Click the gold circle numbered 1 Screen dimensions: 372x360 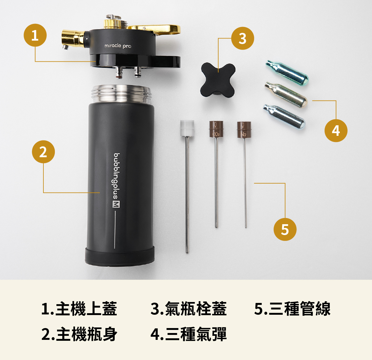(x=35, y=35)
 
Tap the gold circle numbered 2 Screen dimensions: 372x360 (x=43, y=152)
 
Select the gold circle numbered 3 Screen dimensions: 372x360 (x=243, y=38)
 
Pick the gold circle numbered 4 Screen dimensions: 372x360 (x=336, y=131)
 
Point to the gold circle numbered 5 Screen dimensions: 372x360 (x=285, y=229)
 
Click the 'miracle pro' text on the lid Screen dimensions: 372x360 (x=118, y=46)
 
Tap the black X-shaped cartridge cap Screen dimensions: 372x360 (x=218, y=81)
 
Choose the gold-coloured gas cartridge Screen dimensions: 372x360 (x=286, y=95)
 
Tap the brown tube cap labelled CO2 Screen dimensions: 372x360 (x=216, y=129)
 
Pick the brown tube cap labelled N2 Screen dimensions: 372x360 (x=244, y=129)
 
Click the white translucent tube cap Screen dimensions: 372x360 (x=187, y=128)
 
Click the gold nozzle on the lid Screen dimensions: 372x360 (x=73, y=39)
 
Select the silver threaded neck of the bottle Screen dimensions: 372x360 (x=122, y=94)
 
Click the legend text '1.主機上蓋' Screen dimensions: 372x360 (x=79, y=309)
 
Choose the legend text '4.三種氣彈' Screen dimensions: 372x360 (x=188, y=334)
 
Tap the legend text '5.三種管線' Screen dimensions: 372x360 (x=292, y=309)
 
